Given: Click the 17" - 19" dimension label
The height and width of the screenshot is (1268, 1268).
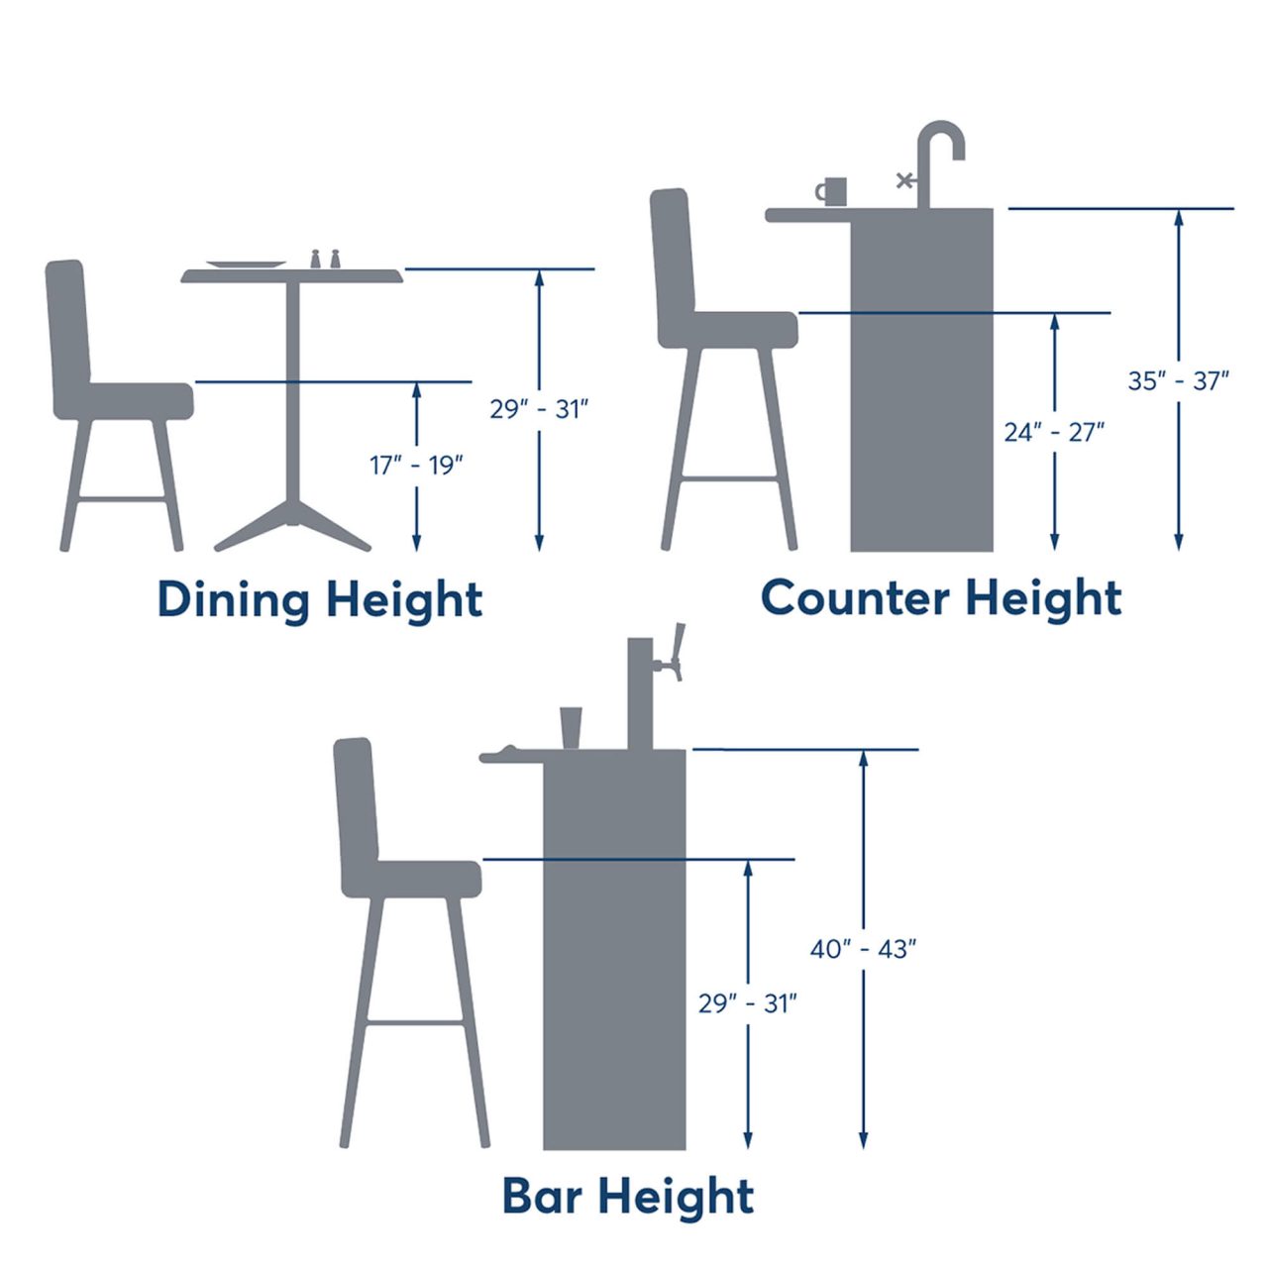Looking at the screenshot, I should click(x=416, y=465).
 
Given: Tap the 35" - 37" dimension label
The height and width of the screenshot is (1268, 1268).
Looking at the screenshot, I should click(x=1178, y=380).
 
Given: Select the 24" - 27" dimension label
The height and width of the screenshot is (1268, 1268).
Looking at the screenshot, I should click(x=1053, y=432).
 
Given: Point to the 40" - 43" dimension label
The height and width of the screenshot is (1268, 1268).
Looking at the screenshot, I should click(x=863, y=948).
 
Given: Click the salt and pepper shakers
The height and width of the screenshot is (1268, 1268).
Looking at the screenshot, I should click(x=326, y=260).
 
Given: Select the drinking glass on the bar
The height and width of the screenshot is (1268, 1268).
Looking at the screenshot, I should click(x=572, y=727).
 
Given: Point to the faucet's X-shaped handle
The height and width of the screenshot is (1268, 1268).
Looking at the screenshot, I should click(x=903, y=180).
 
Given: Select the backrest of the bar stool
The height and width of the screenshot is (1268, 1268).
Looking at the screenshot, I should click(x=356, y=802).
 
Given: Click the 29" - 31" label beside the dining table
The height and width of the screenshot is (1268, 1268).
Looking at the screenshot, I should click(x=539, y=409).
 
